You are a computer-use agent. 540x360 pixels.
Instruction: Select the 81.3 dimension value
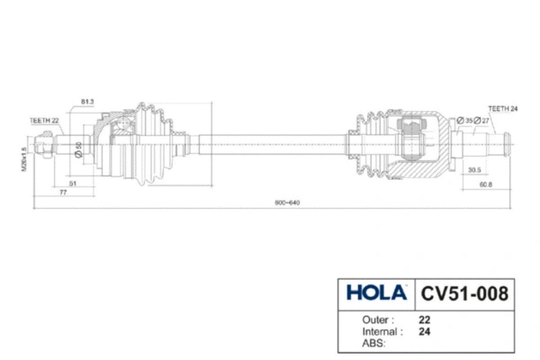point(88,101)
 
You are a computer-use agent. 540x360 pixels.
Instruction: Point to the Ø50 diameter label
point(79,149)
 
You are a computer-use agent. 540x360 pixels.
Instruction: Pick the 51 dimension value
point(72,184)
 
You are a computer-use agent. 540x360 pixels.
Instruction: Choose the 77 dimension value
point(63,193)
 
